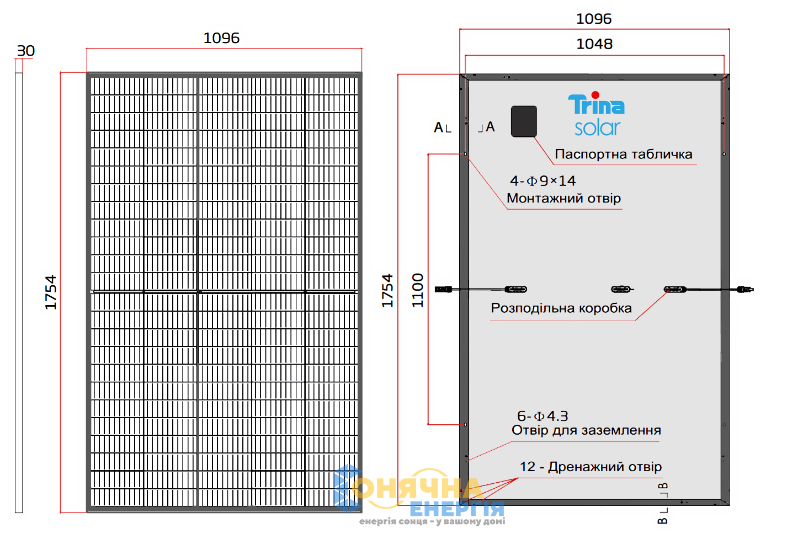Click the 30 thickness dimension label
[26, 51]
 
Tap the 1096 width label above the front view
[221, 38]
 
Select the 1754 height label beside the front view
[51, 292]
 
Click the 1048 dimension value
[594, 44]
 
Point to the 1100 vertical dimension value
[417, 290]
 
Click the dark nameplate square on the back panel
[524, 121]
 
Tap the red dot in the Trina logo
[595, 95]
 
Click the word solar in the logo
[598, 128]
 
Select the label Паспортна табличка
[624, 154]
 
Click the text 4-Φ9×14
[543, 181]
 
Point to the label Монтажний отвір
[563, 199]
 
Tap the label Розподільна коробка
[561, 308]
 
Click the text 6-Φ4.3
[543, 416]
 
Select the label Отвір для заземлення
[586, 430]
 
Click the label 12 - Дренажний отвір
[591, 467]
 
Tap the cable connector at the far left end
[443, 289]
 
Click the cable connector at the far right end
[745, 289]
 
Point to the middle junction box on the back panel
[622, 289]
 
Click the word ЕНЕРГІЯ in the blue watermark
[457, 509]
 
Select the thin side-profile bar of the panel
[19, 292]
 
